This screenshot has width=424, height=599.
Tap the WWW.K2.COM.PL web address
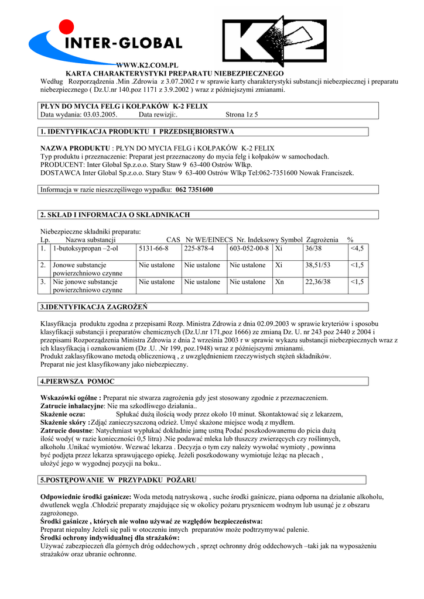(x=147, y=64)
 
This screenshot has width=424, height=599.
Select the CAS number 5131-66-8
(x=153, y=249)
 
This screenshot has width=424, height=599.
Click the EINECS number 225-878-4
(x=199, y=249)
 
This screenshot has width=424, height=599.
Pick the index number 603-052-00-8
(x=249, y=249)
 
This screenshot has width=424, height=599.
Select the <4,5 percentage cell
(x=357, y=249)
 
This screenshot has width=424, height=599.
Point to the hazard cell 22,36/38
(x=318, y=282)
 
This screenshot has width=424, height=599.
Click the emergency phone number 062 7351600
(x=194, y=190)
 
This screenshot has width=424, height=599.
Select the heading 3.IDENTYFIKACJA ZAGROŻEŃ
(x=94, y=307)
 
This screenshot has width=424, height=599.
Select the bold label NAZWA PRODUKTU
(x=75, y=149)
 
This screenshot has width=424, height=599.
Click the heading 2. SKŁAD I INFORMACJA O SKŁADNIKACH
(x=115, y=215)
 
